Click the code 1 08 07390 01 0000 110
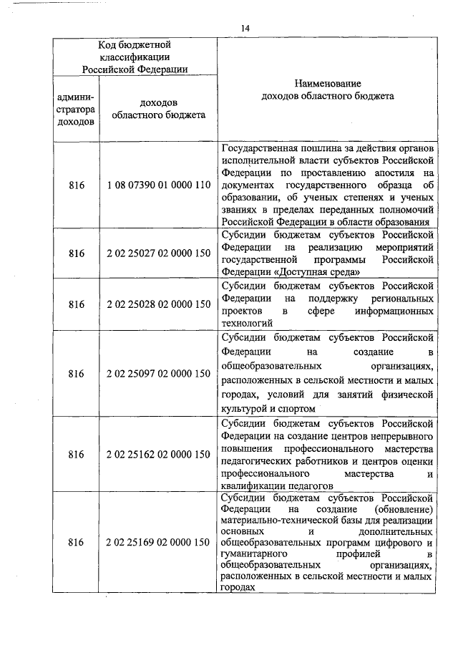click(158, 185)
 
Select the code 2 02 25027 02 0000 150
click(158, 253)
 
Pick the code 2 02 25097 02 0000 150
click(158, 373)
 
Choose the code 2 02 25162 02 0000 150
click(158, 454)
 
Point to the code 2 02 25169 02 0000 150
click(158, 543)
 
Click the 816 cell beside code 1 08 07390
click(77, 185)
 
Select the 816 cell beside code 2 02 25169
click(77, 543)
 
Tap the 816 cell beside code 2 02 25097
click(77, 373)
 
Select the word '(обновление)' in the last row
click(405, 508)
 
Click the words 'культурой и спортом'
click(268, 408)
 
